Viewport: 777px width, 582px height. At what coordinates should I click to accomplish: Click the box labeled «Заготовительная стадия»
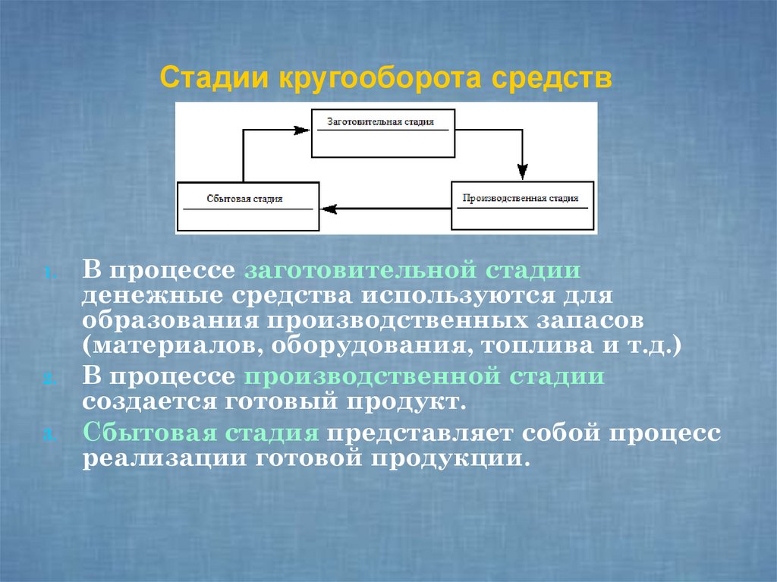pyautogui.click(x=384, y=133)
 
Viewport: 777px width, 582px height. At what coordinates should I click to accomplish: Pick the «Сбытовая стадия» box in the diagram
pyautogui.click(x=247, y=206)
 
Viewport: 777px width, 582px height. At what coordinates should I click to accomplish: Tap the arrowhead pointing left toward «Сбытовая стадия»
pyautogui.click(x=329, y=207)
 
